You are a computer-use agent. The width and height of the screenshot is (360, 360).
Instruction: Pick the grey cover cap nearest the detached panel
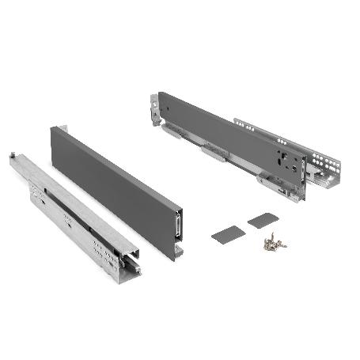(x=227, y=233)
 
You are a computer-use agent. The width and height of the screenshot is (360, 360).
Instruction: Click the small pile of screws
(x=275, y=244)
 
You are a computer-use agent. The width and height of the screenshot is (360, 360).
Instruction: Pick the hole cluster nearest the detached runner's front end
(x=102, y=253)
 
